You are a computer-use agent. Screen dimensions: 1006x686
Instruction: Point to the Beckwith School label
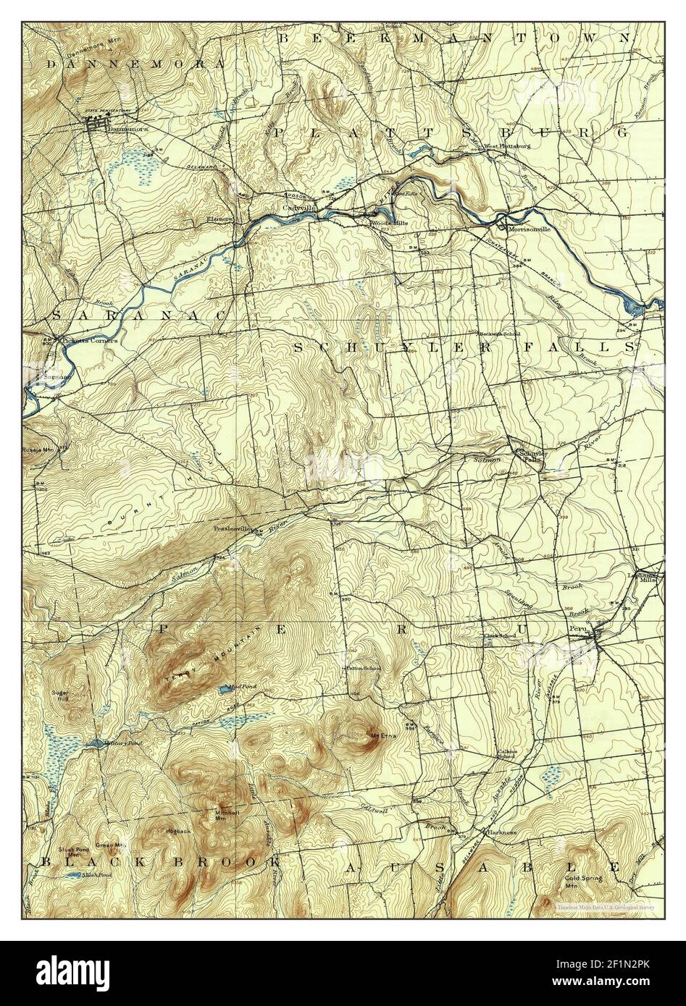[x=498, y=334]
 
